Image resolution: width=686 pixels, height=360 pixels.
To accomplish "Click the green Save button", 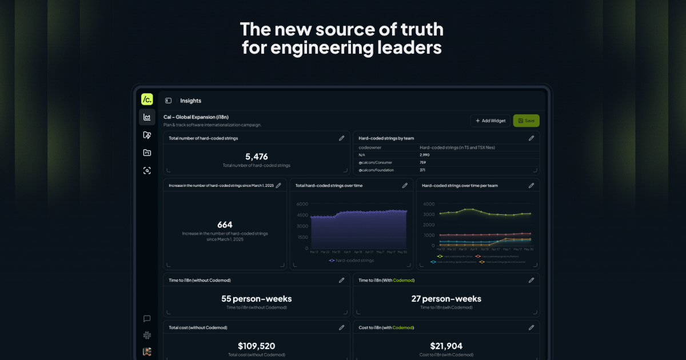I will click(x=526, y=121).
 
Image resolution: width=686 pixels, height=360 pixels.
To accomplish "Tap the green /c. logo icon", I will click(x=147, y=99).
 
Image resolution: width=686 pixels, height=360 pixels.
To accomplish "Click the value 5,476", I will click(x=257, y=157).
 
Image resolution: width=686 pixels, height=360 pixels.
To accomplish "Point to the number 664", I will click(x=225, y=225).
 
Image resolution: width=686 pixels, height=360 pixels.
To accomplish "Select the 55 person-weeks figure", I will click(x=257, y=299).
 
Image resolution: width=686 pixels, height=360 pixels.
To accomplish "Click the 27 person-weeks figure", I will click(x=446, y=299).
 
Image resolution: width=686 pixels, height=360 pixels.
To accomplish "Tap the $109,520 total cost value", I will click(x=257, y=346).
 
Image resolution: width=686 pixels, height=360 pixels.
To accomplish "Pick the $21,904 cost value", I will click(x=446, y=346).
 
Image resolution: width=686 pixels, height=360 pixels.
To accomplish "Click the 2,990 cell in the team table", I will click(x=425, y=155).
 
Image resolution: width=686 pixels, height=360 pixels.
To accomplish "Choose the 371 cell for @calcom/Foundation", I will click(x=422, y=170).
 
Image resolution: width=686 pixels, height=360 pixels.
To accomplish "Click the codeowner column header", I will click(x=370, y=147).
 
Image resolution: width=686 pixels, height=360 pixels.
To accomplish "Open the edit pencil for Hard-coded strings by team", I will click(x=531, y=138).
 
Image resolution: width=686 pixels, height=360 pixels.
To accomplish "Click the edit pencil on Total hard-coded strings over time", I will click(x=405, y=186).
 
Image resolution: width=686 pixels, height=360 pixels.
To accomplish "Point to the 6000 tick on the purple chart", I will click(x=302, y=204).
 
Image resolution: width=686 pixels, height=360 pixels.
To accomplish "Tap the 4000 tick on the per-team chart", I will click(x=429, y=204).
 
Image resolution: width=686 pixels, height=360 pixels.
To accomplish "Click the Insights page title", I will click(x=190, y=101).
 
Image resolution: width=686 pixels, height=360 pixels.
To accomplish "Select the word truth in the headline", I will click(x=416, y=29).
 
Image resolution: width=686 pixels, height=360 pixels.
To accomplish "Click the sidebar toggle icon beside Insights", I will click(x=168, y=101).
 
